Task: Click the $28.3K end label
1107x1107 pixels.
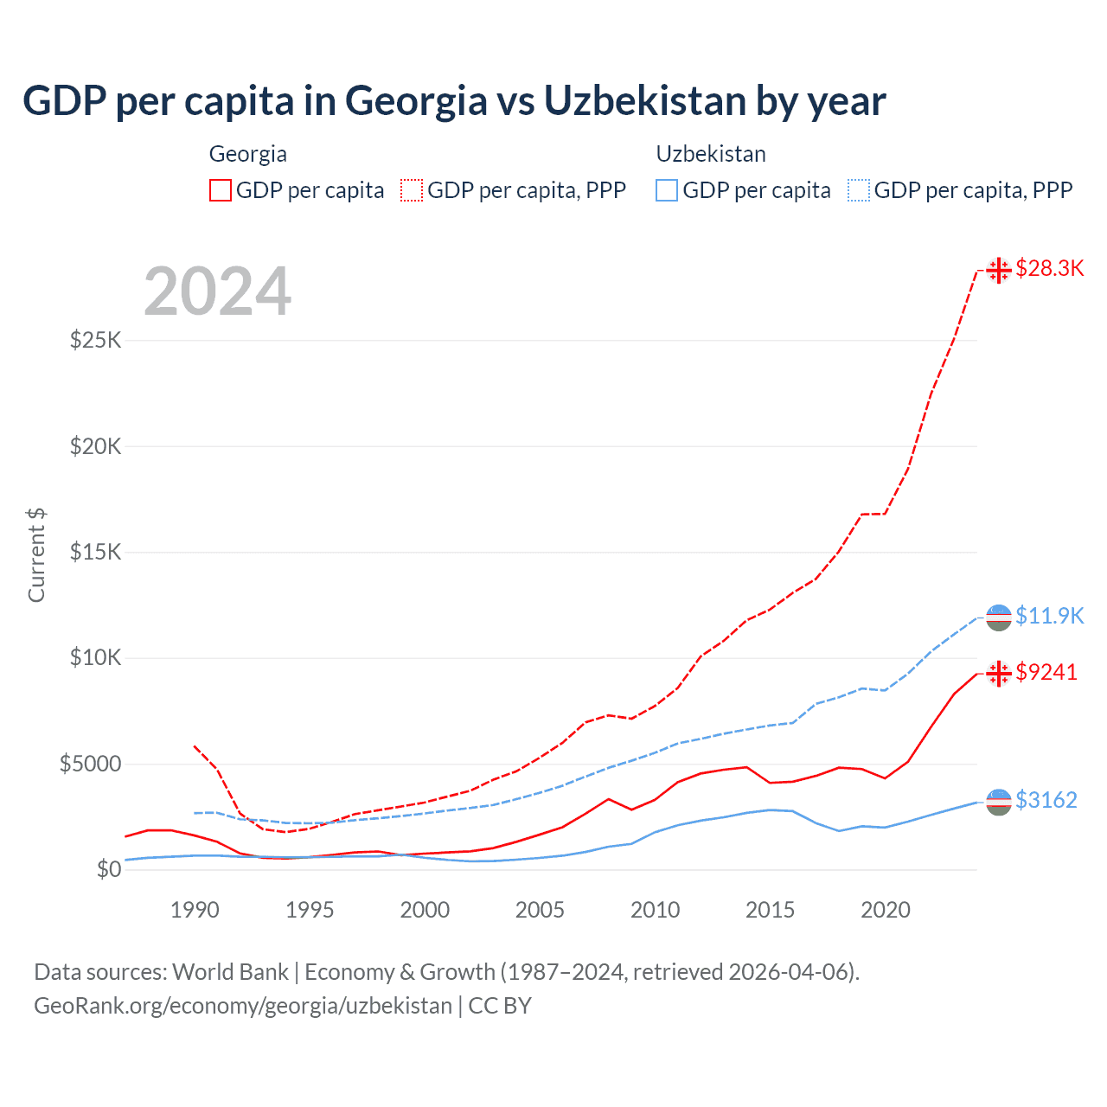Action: (x=1049, y=269)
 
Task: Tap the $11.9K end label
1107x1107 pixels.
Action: (x=1049, y=616)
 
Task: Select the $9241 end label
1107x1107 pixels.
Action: (x=1046, y=672)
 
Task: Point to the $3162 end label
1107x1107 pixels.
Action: (x=1046, y=800)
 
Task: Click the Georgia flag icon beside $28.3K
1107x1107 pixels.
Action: (x=999, y=270)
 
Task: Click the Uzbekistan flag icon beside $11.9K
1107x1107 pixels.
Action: (x=999, y=617)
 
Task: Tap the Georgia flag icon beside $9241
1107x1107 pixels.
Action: (x=999, y=673)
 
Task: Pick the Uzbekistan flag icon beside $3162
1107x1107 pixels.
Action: (x=999, y=802)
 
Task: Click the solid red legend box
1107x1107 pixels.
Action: (x=221, y=190)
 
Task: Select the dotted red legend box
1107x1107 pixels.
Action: (x=412, y=190)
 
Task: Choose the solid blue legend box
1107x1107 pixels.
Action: (x=667, y=190)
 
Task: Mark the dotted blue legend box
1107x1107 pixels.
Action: (x=859, y=190)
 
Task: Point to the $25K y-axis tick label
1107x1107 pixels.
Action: (x=95, y=340)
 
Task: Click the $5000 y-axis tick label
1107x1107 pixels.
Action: (x=90, y=764)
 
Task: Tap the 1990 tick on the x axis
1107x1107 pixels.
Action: (x=195, y=910)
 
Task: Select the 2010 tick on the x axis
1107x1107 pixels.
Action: (x=655, y=910)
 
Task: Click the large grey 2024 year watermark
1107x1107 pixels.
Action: (x=217, y=291)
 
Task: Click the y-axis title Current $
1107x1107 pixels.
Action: (x=36, y=554)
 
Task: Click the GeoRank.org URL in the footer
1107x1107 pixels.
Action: (x=243, y=1006)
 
